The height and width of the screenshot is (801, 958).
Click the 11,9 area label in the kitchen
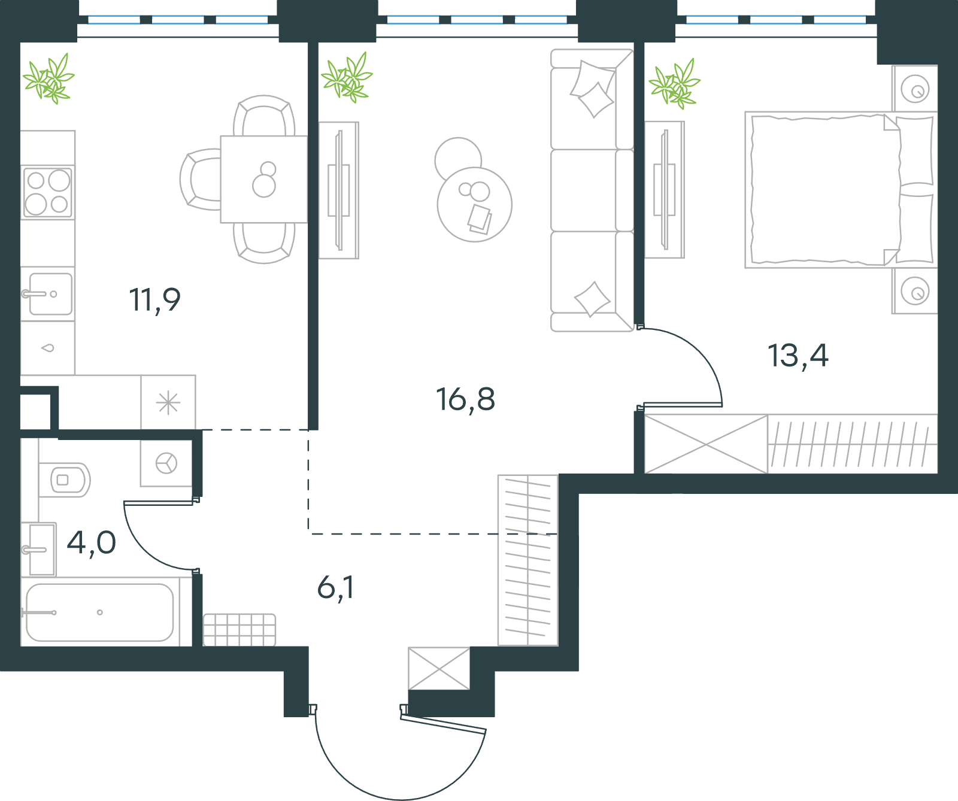155,301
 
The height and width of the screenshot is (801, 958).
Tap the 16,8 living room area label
466,400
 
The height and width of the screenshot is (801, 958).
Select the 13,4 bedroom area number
798,356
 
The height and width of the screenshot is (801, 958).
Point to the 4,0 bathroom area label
91,543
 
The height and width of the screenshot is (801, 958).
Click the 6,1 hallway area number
335,587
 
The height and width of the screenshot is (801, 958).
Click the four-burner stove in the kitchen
48,192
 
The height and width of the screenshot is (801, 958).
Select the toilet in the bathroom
65,480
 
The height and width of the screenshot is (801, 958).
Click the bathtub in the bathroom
100,612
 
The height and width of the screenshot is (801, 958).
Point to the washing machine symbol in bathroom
166,463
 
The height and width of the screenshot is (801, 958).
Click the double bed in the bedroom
841,189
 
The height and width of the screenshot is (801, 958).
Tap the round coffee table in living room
474,205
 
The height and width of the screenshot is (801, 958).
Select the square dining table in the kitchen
264,180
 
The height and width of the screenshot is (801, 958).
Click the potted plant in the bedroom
675,84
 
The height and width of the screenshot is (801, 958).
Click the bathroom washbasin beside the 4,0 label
39,550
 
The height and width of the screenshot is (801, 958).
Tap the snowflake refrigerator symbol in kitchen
168,402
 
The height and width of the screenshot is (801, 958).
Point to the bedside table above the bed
914,89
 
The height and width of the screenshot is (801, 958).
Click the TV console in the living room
339,190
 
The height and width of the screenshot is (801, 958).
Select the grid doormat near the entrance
239,630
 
